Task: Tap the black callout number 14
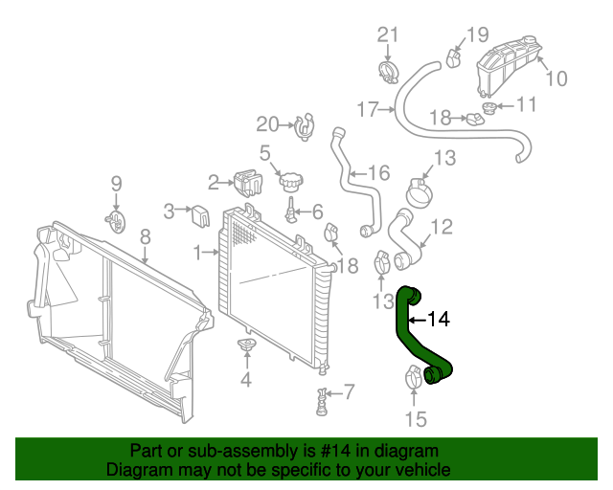(437, 320)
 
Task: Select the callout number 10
(556, 78)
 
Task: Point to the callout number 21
(387, 35)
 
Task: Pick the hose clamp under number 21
(388, 69)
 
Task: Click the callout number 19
(477, 35)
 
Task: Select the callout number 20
(267, 122)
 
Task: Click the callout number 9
(116, 183)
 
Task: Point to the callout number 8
(146, 234)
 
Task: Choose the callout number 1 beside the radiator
(197, 253)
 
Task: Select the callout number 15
(414, 418)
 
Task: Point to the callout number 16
(379, 173)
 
